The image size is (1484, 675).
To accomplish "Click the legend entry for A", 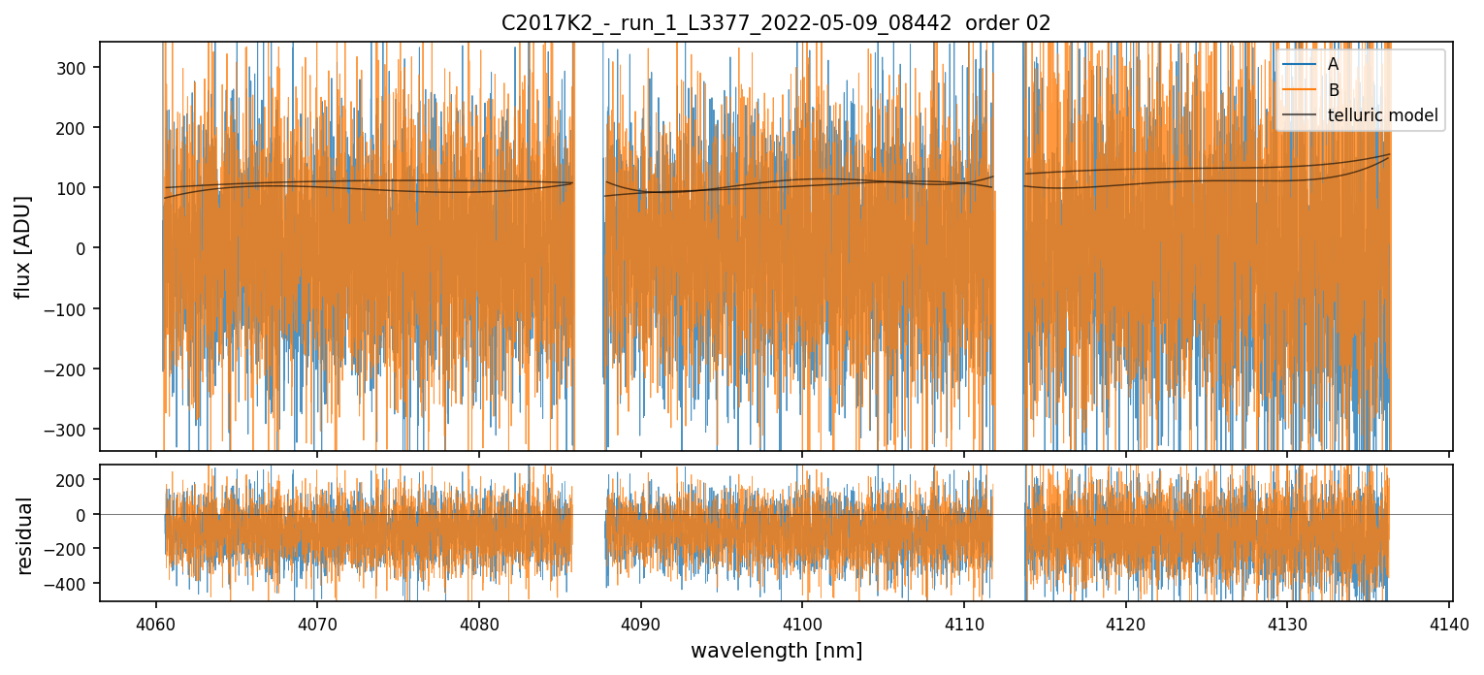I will tap(1334, 64).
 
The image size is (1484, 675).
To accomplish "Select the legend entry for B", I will tap(1334, 90).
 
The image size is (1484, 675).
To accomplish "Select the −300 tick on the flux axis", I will tap(72, 430).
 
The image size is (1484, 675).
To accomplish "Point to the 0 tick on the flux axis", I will tap(85, 248).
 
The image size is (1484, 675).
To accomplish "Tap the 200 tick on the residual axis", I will tap(76, 480).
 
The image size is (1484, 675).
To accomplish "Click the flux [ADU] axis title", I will tap(22, 247).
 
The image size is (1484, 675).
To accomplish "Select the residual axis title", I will tap(24, 535).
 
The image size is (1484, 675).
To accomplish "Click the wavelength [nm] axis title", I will tap(776, 651).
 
